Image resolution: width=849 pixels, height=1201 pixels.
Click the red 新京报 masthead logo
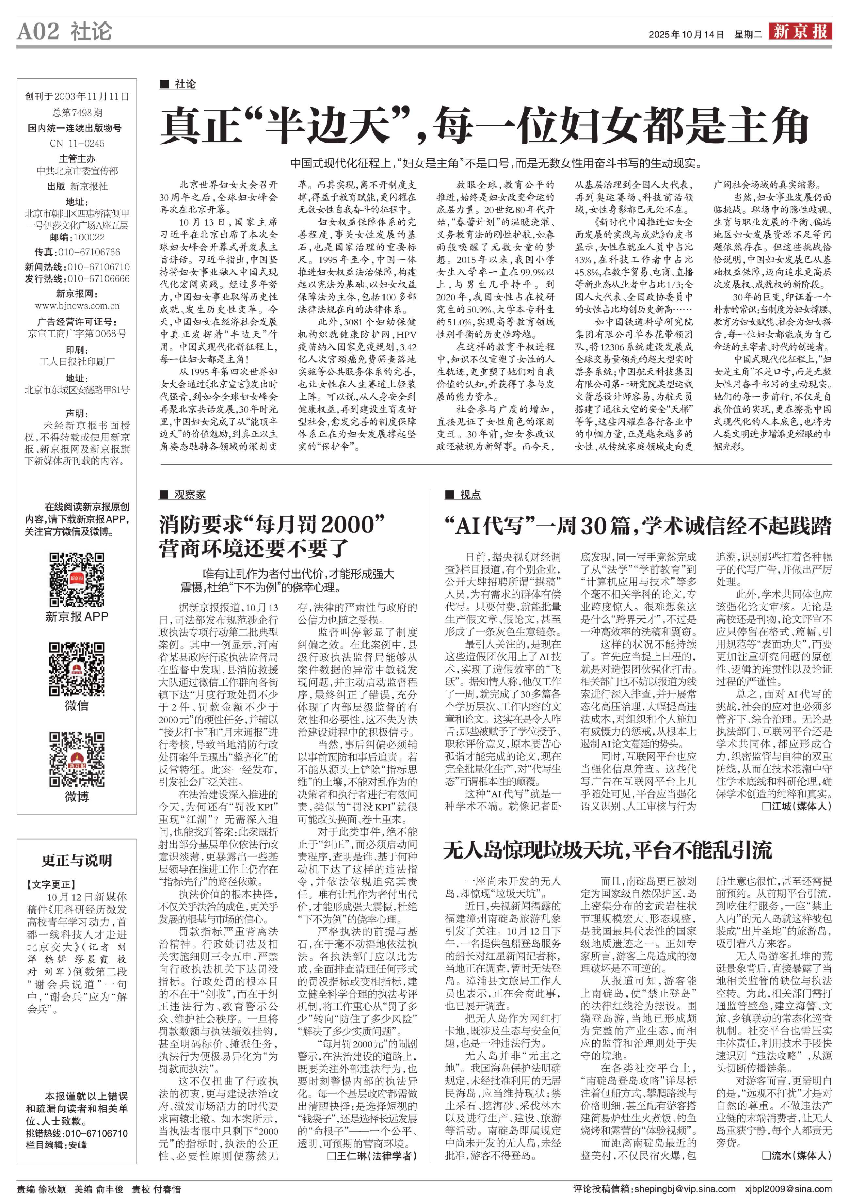(x=800, y=31)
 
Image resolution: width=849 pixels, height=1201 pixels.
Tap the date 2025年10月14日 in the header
(x=686, y=35)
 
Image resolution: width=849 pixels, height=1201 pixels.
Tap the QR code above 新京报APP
(x=76, y=579)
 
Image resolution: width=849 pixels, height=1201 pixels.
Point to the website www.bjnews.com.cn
(x=77, y=306)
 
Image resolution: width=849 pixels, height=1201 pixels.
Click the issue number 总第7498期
(x=77, y=112)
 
